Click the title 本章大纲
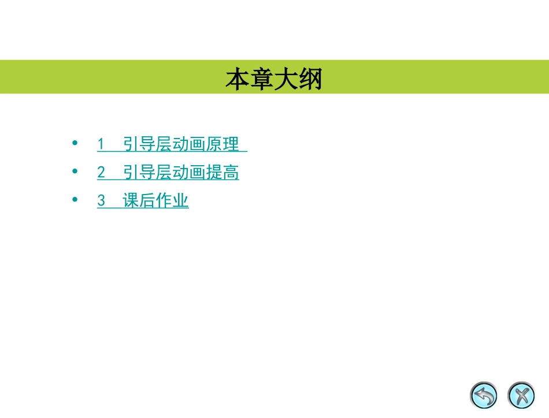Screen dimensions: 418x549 273,79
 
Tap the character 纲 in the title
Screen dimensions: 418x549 310,79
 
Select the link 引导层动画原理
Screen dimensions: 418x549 181,144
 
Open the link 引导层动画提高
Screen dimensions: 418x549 181,173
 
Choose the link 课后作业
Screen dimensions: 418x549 156,201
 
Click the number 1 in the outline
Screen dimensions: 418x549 101,144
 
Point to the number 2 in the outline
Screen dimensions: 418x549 101,173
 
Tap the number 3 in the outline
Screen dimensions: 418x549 101,201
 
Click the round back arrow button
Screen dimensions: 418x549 484,395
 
